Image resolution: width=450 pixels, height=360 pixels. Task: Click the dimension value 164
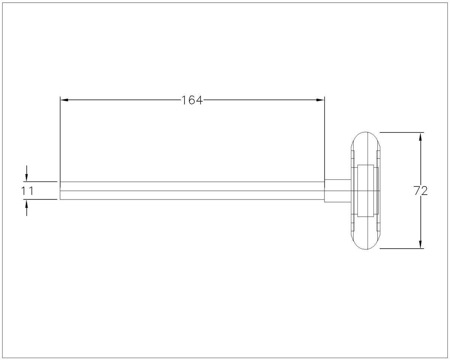pyautogui.click(x=192, y=100)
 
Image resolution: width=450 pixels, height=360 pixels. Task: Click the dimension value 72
pyautogui.click(x=420, y=191)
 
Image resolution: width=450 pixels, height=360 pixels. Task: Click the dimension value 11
pyautogui.click(x=27, y=191)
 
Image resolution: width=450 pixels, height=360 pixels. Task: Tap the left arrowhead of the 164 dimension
pyautogui.click(x=64, y=100)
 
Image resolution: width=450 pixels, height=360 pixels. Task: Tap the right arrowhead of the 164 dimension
pyautogui.click(x=320, y=100)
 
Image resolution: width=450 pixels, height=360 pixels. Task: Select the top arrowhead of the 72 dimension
pyautogui.click(x=420, y=136)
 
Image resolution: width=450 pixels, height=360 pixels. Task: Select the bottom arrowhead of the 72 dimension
pyautogui.click(x=420, y=244)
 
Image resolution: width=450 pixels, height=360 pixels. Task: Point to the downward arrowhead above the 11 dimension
pyautogui.click(x=27, y=178)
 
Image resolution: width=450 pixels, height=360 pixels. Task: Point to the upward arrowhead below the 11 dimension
pyautogui.click(x=27, y=204)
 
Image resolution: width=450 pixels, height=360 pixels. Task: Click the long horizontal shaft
pyautogui.click(x=192, y=191)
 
